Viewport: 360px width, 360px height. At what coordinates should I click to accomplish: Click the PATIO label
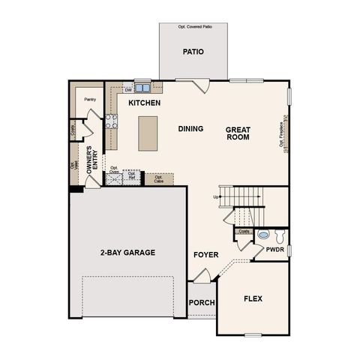click(x=194, y=52)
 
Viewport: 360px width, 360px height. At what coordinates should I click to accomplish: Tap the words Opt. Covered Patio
click(x=193, y=27)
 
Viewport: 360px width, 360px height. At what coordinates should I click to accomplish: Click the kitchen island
click(x=148, y=133)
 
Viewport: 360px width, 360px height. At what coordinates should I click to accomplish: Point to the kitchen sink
click(x=141, y=86)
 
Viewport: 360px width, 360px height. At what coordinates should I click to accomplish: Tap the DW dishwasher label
click(x=128, y=90)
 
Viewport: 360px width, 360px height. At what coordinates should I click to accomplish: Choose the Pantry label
click(x=90, y=98)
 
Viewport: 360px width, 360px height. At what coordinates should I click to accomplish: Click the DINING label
click(x=190, y=128)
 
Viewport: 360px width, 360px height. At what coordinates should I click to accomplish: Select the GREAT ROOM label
click(x=238, y=133)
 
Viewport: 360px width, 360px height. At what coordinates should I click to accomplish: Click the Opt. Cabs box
click(x=159, y=179)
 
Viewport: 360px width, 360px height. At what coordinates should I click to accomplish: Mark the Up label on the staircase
click(x=217, y=196)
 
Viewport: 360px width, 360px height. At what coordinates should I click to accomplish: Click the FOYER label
click(x=205, y=255)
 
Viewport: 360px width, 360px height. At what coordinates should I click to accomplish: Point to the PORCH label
click(x=202, y=302)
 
